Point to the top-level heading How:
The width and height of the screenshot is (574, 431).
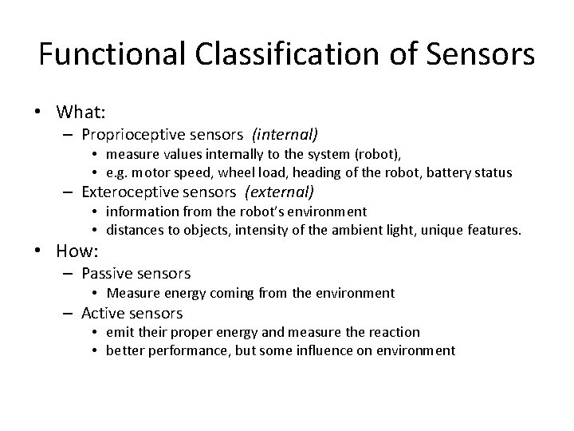[x=77, y=251]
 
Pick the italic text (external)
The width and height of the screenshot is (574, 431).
[x=281, y=192]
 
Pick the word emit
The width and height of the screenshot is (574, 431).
[x=120, y=332]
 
